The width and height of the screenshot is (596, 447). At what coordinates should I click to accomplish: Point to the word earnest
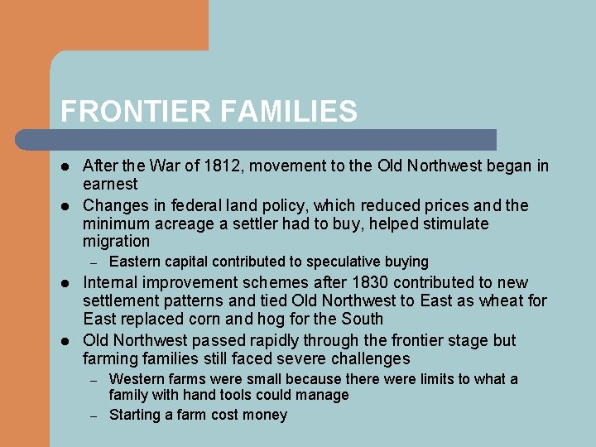[x=110, y=184]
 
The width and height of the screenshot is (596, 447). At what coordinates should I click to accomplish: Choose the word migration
[x=116, y=242]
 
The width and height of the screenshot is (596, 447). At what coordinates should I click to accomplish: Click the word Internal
[x=111, y=282]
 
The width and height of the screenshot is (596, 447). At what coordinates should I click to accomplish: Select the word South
[x=362, y=319]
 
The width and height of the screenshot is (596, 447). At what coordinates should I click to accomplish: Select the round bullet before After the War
[x=66, y=166]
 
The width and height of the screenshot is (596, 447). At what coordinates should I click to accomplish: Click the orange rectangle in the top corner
[x=103, y=25]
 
